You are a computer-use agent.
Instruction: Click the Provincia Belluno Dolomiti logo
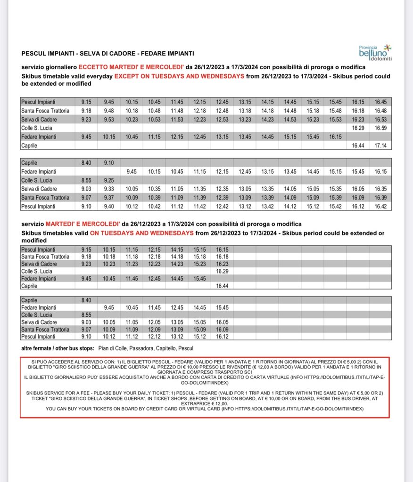click(375, 52)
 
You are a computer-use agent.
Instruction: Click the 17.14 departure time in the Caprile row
click(380, 146)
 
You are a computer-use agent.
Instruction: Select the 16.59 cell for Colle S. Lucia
click(380, 128)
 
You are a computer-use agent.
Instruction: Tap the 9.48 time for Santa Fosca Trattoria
click(109, 110)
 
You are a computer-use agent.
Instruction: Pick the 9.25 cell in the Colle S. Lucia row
click(109, 180)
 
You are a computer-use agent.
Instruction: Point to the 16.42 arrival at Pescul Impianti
click(380, 206)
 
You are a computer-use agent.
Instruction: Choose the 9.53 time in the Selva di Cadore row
click(109, 119)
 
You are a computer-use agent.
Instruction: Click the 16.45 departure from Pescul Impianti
click(380, 101)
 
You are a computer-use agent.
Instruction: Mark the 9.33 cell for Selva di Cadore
click(109, 189)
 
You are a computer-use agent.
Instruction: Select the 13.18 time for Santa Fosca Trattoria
click(245, 110)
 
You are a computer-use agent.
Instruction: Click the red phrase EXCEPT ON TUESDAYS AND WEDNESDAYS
click(179, 76)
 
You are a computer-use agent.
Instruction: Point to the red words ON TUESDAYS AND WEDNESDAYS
click(141, 233)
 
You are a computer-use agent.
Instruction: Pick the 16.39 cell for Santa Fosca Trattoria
click(380, 198)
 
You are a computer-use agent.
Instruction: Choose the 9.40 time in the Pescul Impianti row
click(109, 206)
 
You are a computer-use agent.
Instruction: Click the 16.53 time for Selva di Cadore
click(380, 119)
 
